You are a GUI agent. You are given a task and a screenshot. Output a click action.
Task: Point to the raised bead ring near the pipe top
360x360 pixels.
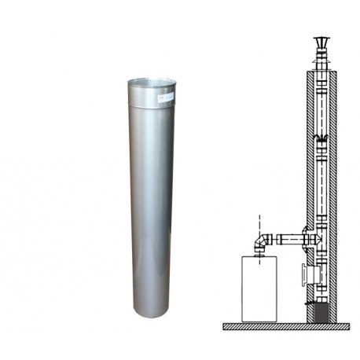(x=152, y=105)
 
